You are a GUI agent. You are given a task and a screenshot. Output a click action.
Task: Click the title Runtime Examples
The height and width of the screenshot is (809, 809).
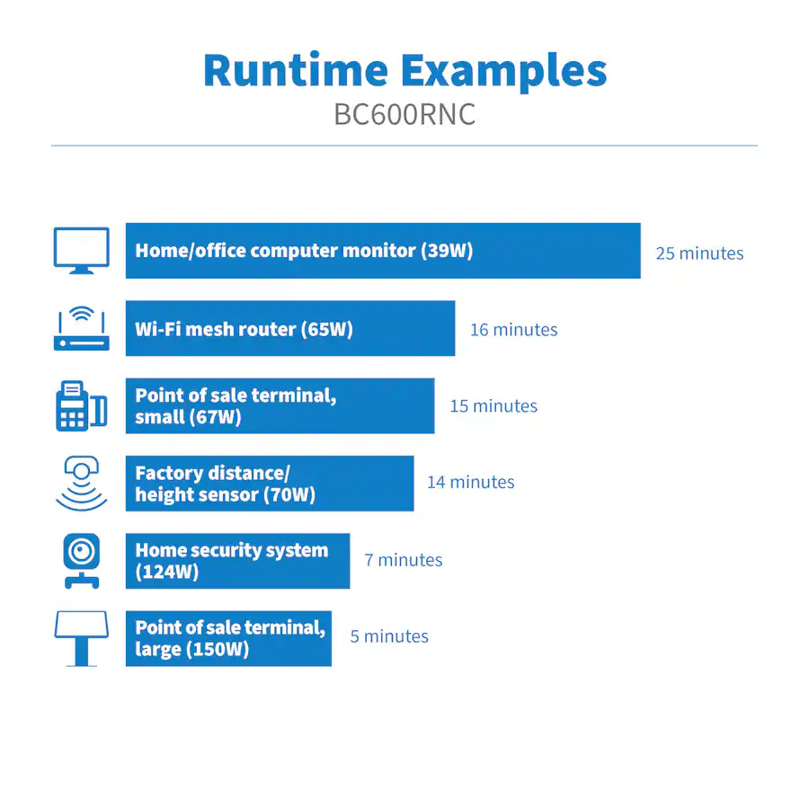click(405, 72)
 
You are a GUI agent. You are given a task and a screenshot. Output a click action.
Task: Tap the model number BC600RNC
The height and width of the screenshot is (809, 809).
click(404, 114)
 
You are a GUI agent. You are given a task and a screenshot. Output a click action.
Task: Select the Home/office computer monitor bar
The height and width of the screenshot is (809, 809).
click(383, 251)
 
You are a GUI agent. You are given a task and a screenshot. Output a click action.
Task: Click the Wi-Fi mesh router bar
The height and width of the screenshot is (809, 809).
click(290, 329)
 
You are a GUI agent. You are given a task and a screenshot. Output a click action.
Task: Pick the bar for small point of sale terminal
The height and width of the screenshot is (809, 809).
click(280, 406)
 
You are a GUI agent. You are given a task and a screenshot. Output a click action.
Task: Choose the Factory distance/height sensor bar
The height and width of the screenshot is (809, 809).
click(270, 484)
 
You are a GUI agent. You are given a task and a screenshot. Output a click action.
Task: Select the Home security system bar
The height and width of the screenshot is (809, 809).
click(238, 561)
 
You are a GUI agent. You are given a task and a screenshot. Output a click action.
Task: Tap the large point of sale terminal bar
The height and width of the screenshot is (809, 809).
click(228, 638)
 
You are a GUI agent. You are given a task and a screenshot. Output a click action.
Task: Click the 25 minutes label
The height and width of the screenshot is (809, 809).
click(699, 253)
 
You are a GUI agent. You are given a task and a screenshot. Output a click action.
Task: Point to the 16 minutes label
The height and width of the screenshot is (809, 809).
click(514, 330)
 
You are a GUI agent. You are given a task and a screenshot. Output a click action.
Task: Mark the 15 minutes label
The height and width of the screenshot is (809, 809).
click(493, 406)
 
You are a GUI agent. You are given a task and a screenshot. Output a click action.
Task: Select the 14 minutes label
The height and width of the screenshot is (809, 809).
click(470, 482)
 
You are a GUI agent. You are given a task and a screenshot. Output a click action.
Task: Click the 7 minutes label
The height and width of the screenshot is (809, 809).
click(404, 560)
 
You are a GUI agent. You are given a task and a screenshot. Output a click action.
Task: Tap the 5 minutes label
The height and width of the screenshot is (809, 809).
click(389, 636)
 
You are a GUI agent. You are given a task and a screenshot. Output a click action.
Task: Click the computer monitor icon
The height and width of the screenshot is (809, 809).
click(82, 251)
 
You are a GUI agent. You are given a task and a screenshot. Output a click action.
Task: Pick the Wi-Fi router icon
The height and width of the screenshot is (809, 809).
click(82, 329)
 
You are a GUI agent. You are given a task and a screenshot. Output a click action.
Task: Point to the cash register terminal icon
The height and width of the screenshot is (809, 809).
click(82, 406)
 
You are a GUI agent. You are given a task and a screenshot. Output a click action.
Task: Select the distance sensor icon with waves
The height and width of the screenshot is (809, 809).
click(82, 484)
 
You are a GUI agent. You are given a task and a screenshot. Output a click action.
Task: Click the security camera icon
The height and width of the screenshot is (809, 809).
click(82, 561)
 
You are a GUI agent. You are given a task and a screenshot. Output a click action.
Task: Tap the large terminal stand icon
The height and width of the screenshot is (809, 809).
click(82, 638)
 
